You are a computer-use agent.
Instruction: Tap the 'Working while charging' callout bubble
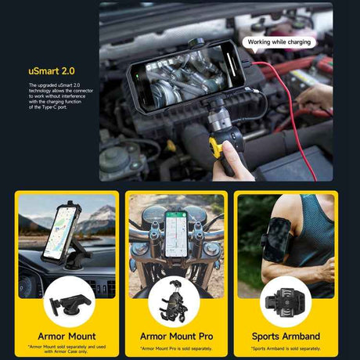coord(279,41)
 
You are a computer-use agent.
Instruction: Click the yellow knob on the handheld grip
coord(216,146)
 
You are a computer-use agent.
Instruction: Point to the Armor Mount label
coord(67,337)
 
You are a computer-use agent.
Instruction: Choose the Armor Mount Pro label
coord(176,337)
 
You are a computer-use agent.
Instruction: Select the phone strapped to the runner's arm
coord(278,239)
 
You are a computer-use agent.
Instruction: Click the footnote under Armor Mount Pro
coord(176,348)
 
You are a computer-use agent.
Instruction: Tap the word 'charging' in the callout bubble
coord(297,41)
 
